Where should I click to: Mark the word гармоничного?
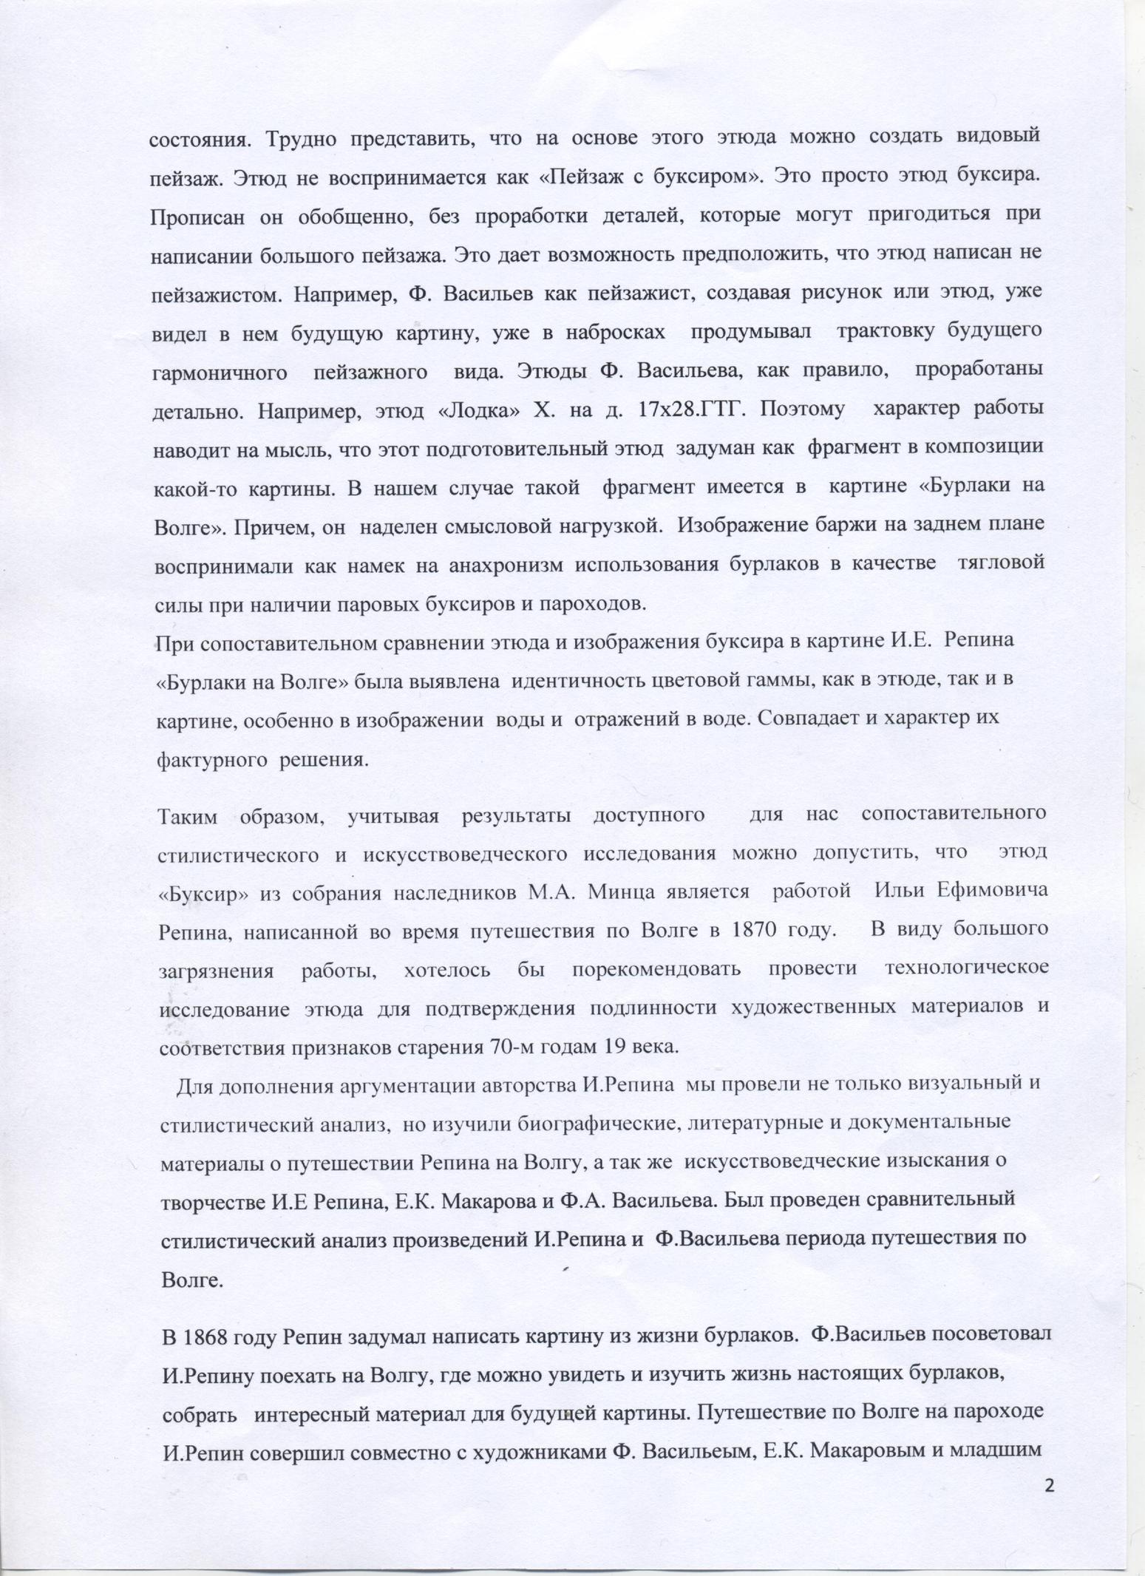coord(220,372)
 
